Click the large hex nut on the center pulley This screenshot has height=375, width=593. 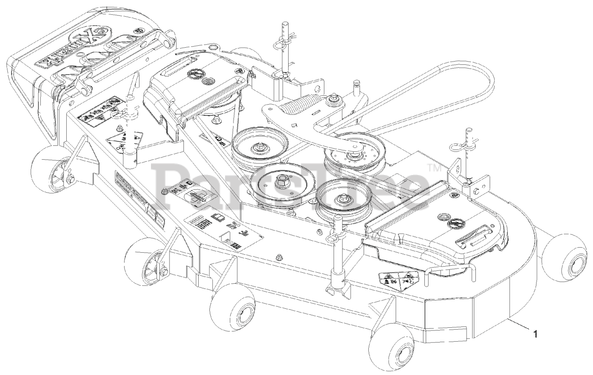coord(281,182)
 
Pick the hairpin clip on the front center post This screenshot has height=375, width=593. coord(333,237)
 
